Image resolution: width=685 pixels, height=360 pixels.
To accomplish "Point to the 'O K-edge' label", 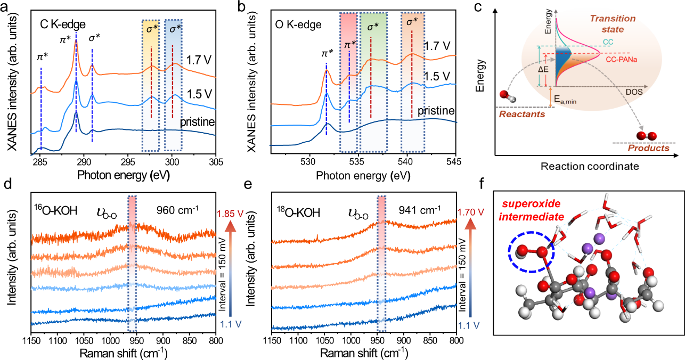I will (x=301, y=24).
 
